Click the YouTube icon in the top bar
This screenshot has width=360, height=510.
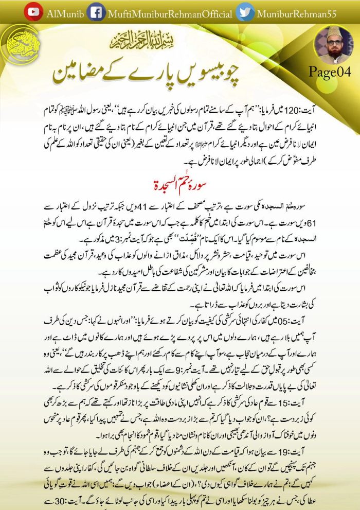[x=33, y=12]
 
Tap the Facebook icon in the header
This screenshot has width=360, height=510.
[x=96, y=12]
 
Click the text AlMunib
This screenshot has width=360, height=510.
[x=62, y=13]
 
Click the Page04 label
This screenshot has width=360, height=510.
[x=330, y=72]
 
